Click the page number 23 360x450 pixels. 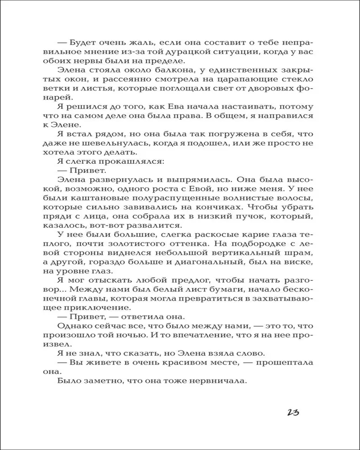click(x=289, y=413)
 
